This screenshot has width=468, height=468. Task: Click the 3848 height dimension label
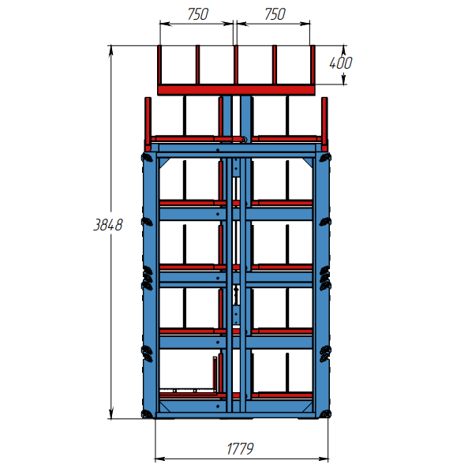[108, 225]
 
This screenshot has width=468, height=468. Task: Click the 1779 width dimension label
[240, 448]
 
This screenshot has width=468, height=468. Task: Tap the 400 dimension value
[341, 62]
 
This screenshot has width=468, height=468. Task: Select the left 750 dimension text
[197, 14]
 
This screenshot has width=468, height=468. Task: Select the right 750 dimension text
[275, 14]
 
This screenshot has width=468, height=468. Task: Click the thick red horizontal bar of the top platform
[236, 90]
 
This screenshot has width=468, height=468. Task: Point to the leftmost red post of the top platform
[159, 65]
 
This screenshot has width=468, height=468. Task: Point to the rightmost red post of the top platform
[313, 65]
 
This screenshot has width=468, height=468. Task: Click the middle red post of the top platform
[236, 65]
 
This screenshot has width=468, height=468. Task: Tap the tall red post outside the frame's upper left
[148, 124]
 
